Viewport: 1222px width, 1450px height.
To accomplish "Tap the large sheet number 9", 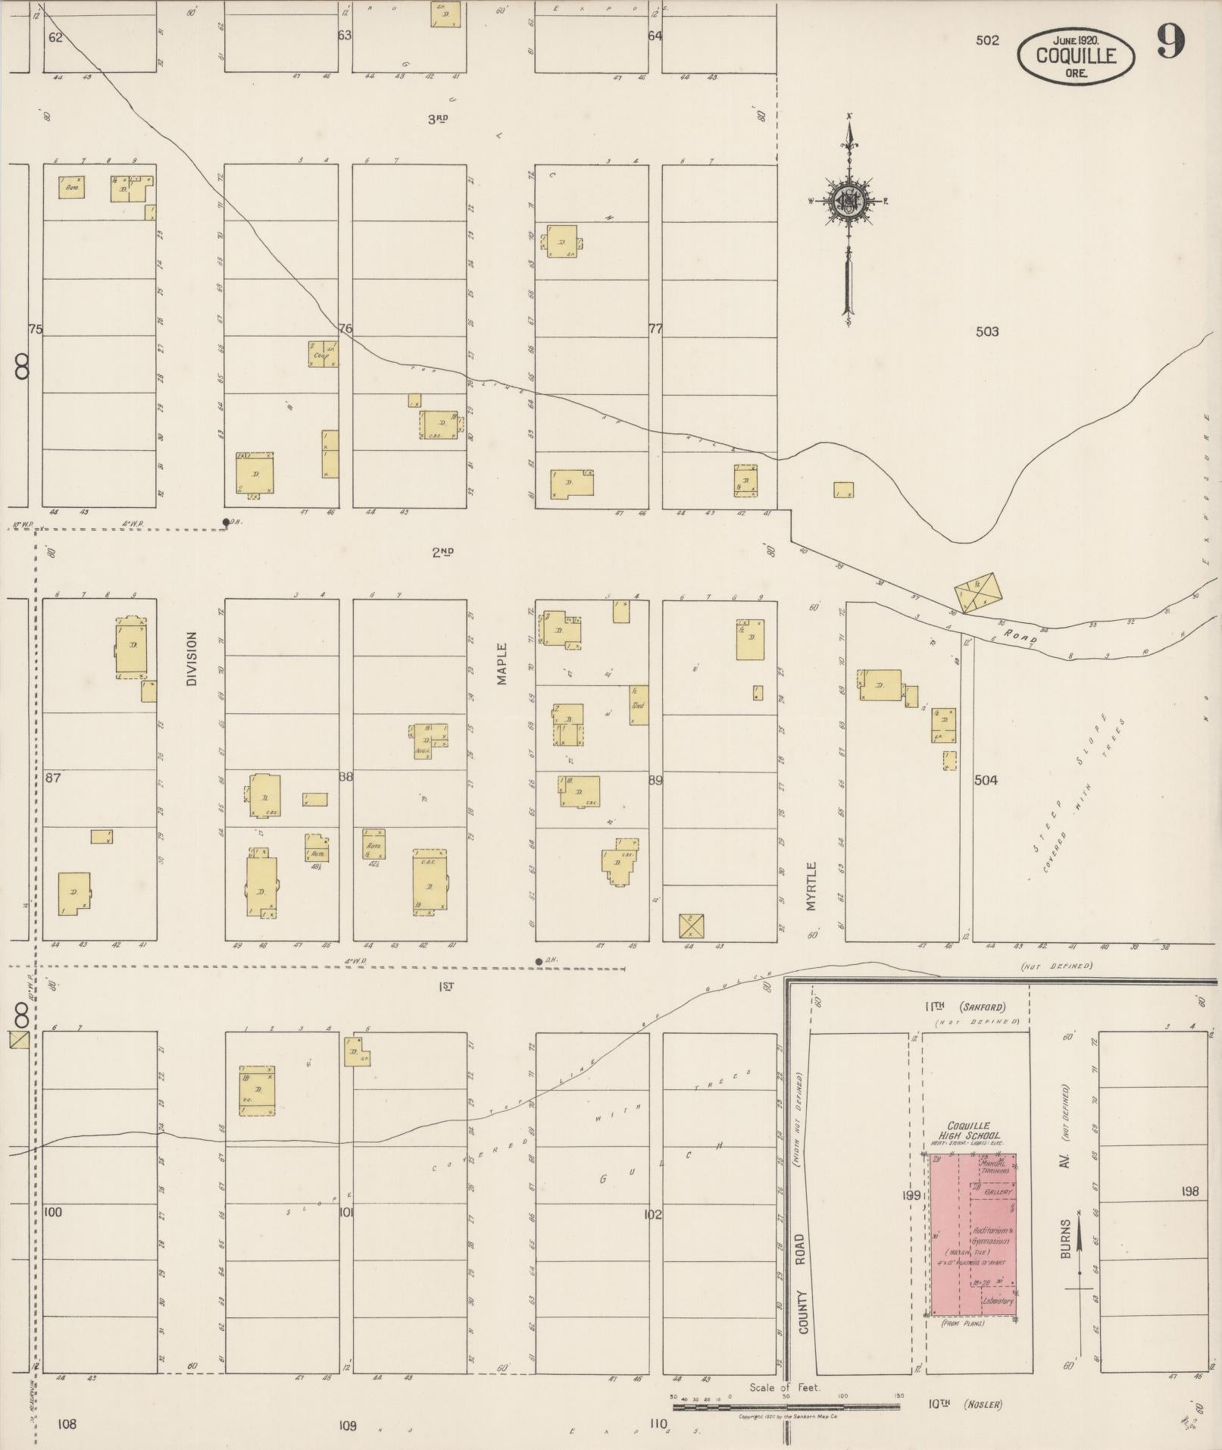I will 1170,41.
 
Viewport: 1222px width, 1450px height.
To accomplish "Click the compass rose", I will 849,201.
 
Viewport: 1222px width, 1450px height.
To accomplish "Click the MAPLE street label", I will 502,664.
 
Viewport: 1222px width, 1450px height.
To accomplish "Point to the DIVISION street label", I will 192,659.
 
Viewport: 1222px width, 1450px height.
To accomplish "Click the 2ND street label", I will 442,553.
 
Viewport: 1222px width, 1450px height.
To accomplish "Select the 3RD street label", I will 438,119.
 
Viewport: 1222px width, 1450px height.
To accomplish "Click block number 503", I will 987,331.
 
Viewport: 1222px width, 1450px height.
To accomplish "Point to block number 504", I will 986,780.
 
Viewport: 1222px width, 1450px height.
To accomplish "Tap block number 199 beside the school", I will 911,1195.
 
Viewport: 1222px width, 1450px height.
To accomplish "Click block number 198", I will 1189,1192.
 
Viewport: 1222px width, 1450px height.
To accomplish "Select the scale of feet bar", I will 786,1407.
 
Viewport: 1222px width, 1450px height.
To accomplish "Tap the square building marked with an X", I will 692,926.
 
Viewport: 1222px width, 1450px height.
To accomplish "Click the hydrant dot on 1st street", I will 539,962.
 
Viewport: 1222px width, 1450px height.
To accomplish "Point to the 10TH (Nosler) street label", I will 964,1405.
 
